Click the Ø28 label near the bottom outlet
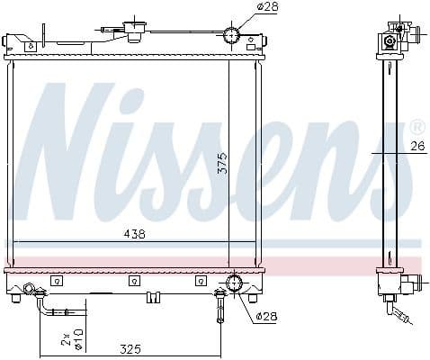[265, 316]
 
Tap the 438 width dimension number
[135, 234]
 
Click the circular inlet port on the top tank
[232, 37]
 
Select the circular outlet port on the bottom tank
[235, 283]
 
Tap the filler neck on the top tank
[138, 29]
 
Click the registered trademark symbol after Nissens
[417, 125]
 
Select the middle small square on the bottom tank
[131, 281]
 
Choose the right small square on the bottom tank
[197, 281]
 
